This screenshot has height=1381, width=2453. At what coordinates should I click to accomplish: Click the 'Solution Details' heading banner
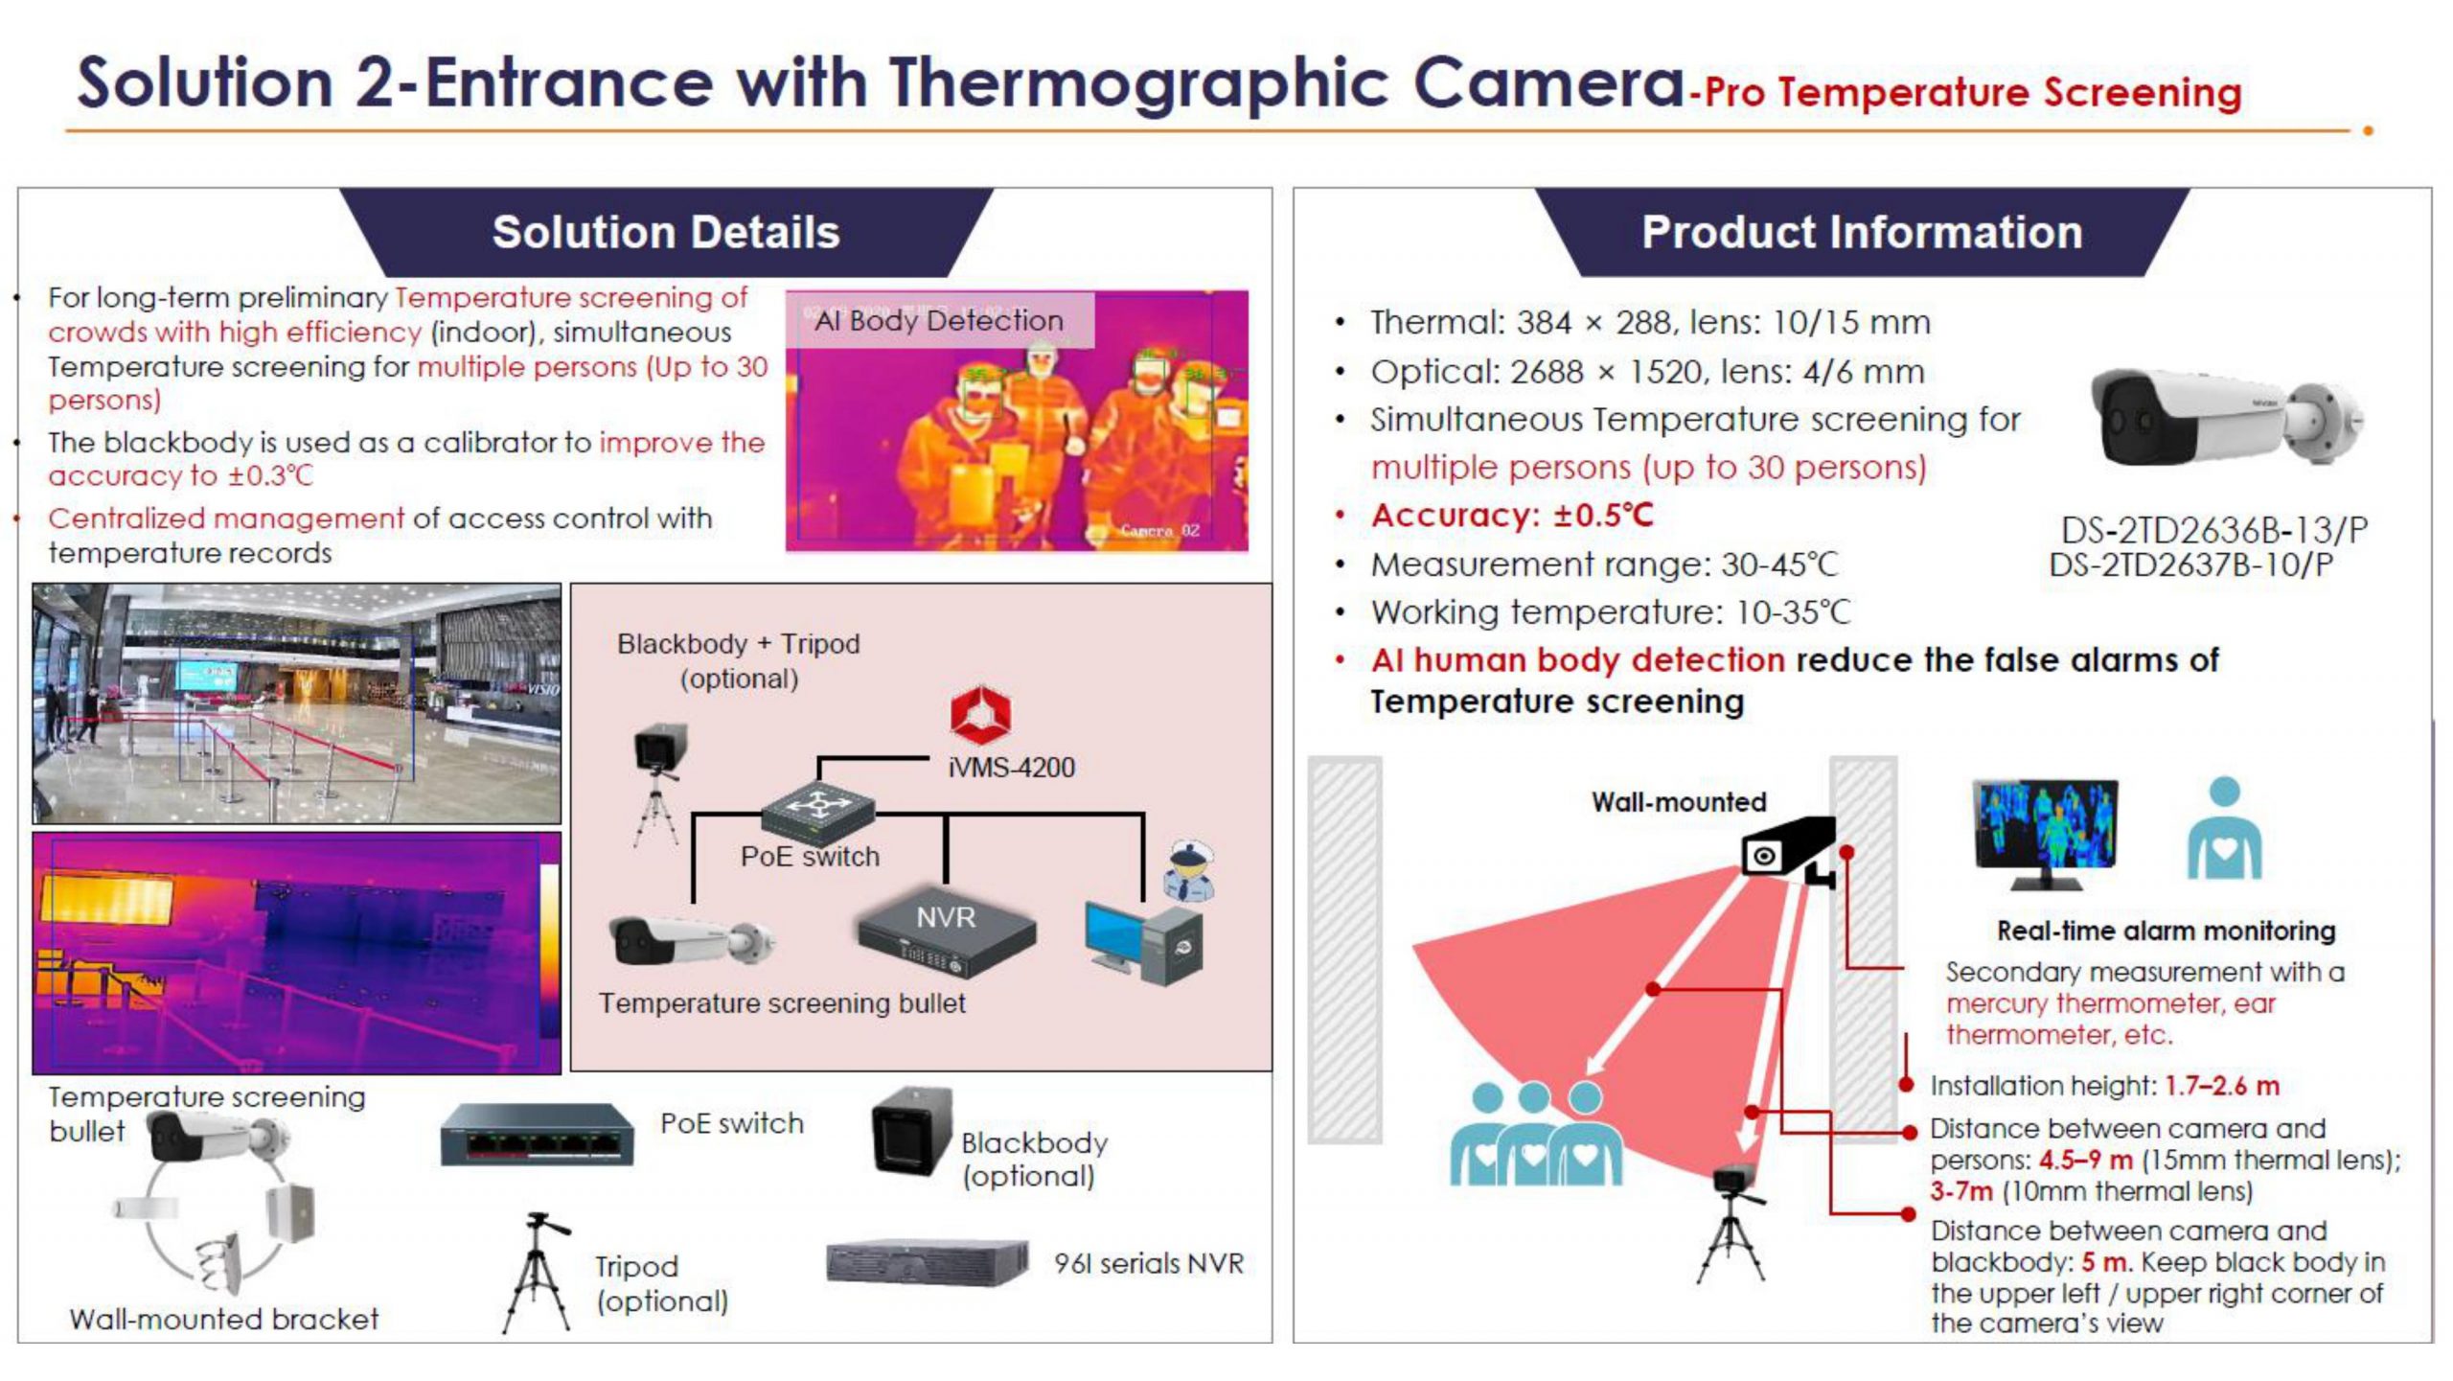coord(666,232)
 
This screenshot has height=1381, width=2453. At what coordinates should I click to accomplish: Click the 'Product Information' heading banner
coord(1862,232)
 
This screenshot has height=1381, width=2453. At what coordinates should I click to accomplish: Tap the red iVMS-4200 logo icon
coord(980,715)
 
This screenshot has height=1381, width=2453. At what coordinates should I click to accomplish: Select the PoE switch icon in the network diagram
coord(818,807)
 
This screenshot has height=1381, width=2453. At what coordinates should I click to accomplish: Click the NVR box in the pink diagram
coord(946,932)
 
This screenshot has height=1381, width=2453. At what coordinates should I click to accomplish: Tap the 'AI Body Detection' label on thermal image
coord(939,320)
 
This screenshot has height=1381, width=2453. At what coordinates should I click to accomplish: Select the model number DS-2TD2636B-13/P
coord(2213,530)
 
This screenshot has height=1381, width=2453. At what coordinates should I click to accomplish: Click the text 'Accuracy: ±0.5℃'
coord(1512,516)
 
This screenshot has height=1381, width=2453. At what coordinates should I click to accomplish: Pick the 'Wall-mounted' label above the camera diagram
coord(1679,802)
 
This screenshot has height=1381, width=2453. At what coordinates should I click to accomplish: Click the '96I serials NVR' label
coord(1148,1264)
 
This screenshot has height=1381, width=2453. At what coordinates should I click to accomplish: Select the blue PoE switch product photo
coord(537,1135)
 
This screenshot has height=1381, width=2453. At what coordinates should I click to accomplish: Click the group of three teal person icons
coord(1535,1134)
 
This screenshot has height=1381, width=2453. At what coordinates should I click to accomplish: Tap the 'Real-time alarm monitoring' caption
coord(2166,931)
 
